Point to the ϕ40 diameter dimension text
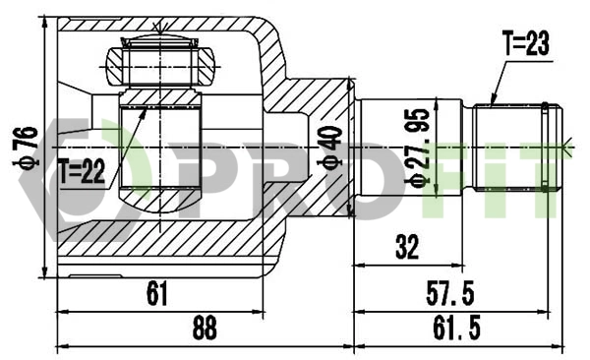(331, 147)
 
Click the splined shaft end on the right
(515, 149)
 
